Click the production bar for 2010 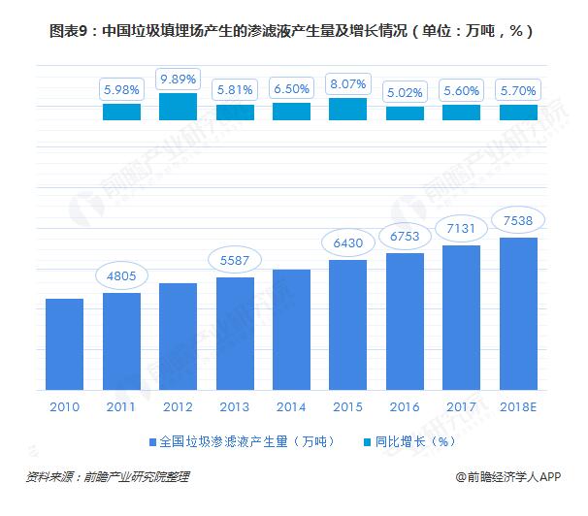click(64, 342)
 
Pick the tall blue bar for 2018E click(518, 312)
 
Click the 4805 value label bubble click(121, 274)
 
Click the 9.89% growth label click(178, 78)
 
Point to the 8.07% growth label click(348, 83)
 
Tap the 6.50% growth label click(291, 88)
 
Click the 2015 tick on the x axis click(348, 406)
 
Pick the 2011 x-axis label click(121, 406)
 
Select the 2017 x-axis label click(461, 406)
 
